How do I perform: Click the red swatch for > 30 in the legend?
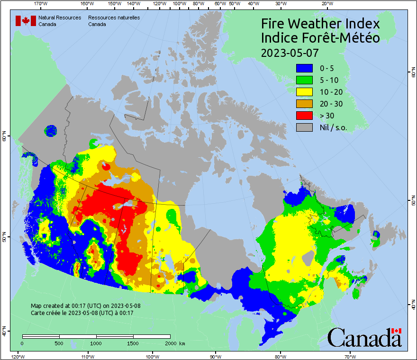(x=304, y=115)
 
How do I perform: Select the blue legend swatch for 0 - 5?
(x=304, y=68)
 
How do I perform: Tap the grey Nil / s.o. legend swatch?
(x=304, y=127)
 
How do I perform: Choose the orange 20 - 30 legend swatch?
(x=304, y=103)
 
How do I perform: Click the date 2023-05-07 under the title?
(x=290, y=52)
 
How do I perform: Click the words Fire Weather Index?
(x=320, y=24)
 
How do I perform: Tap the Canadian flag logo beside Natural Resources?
(x=26, y=20)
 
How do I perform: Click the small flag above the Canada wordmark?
(x=396, y=331)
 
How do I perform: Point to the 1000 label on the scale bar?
(x=96, y=343)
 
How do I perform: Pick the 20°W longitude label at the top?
(x=326, y=4)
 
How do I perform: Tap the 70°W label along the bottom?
(x=350, y=356)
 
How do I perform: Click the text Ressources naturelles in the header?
(x=114, y=18)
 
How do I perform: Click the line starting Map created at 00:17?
(x=85, y=306)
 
